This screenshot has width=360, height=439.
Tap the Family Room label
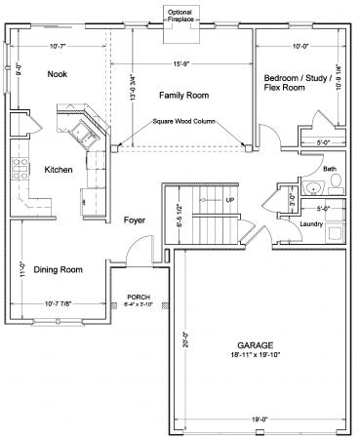(x=180, y=95)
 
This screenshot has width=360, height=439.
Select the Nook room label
(x=58, y=74)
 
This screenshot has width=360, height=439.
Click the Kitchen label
(x=59, y=170)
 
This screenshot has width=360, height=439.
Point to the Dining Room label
(x=59, y=269)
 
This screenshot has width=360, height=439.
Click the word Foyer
(x=135, y=220)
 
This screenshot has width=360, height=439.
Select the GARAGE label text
(x=257, y=345)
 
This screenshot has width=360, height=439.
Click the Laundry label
(x=312, y=224)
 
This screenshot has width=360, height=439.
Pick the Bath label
(x=329, y=169)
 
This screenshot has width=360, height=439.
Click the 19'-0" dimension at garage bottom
(x=258, y=419)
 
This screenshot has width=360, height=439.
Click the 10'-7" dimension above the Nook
(x=58, y=45)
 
